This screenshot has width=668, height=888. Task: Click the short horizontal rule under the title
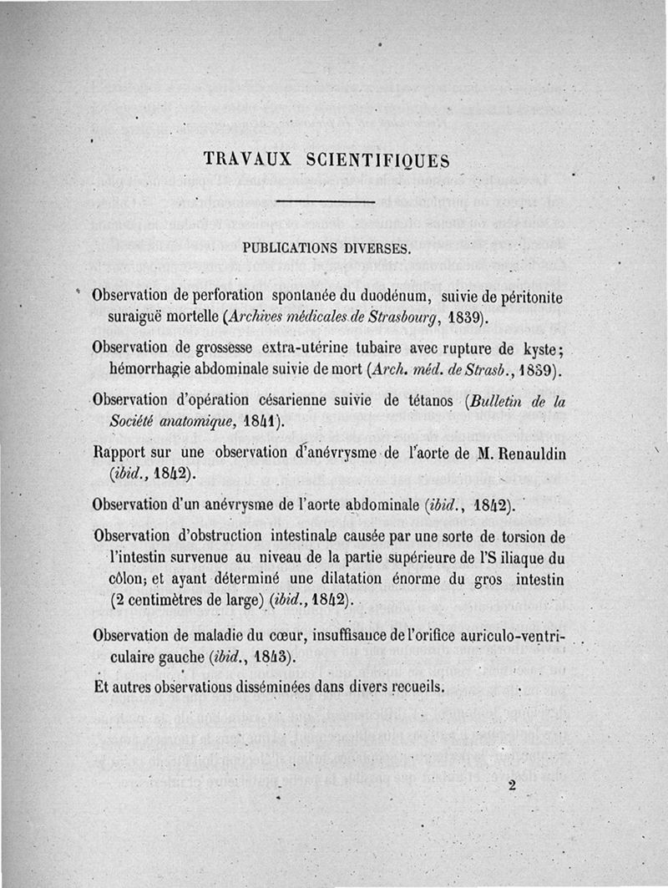click(322, 202)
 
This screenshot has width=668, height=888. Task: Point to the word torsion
click(512, 535)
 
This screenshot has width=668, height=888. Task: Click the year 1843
click(274, 657)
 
